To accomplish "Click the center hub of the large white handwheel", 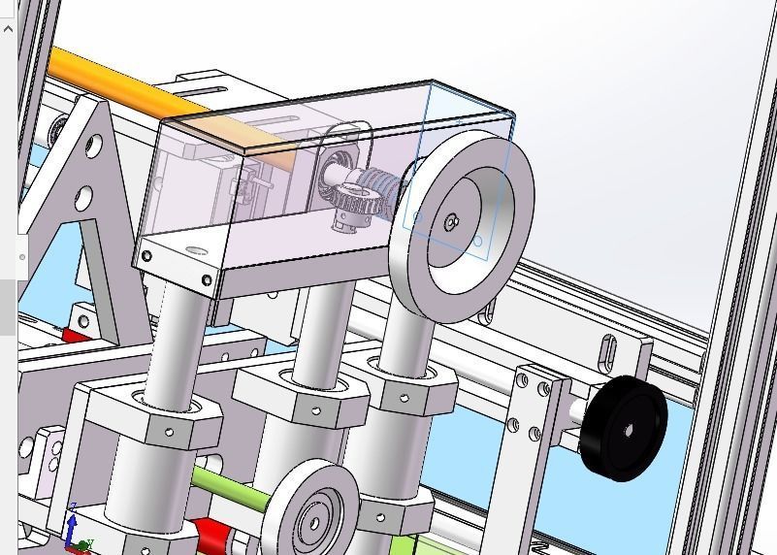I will (x=452, y=223).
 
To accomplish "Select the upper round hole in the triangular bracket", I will (x=93, y=146).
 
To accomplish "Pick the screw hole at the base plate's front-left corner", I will (x=146, y=257).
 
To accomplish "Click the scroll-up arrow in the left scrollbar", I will (x=8, y=28).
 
